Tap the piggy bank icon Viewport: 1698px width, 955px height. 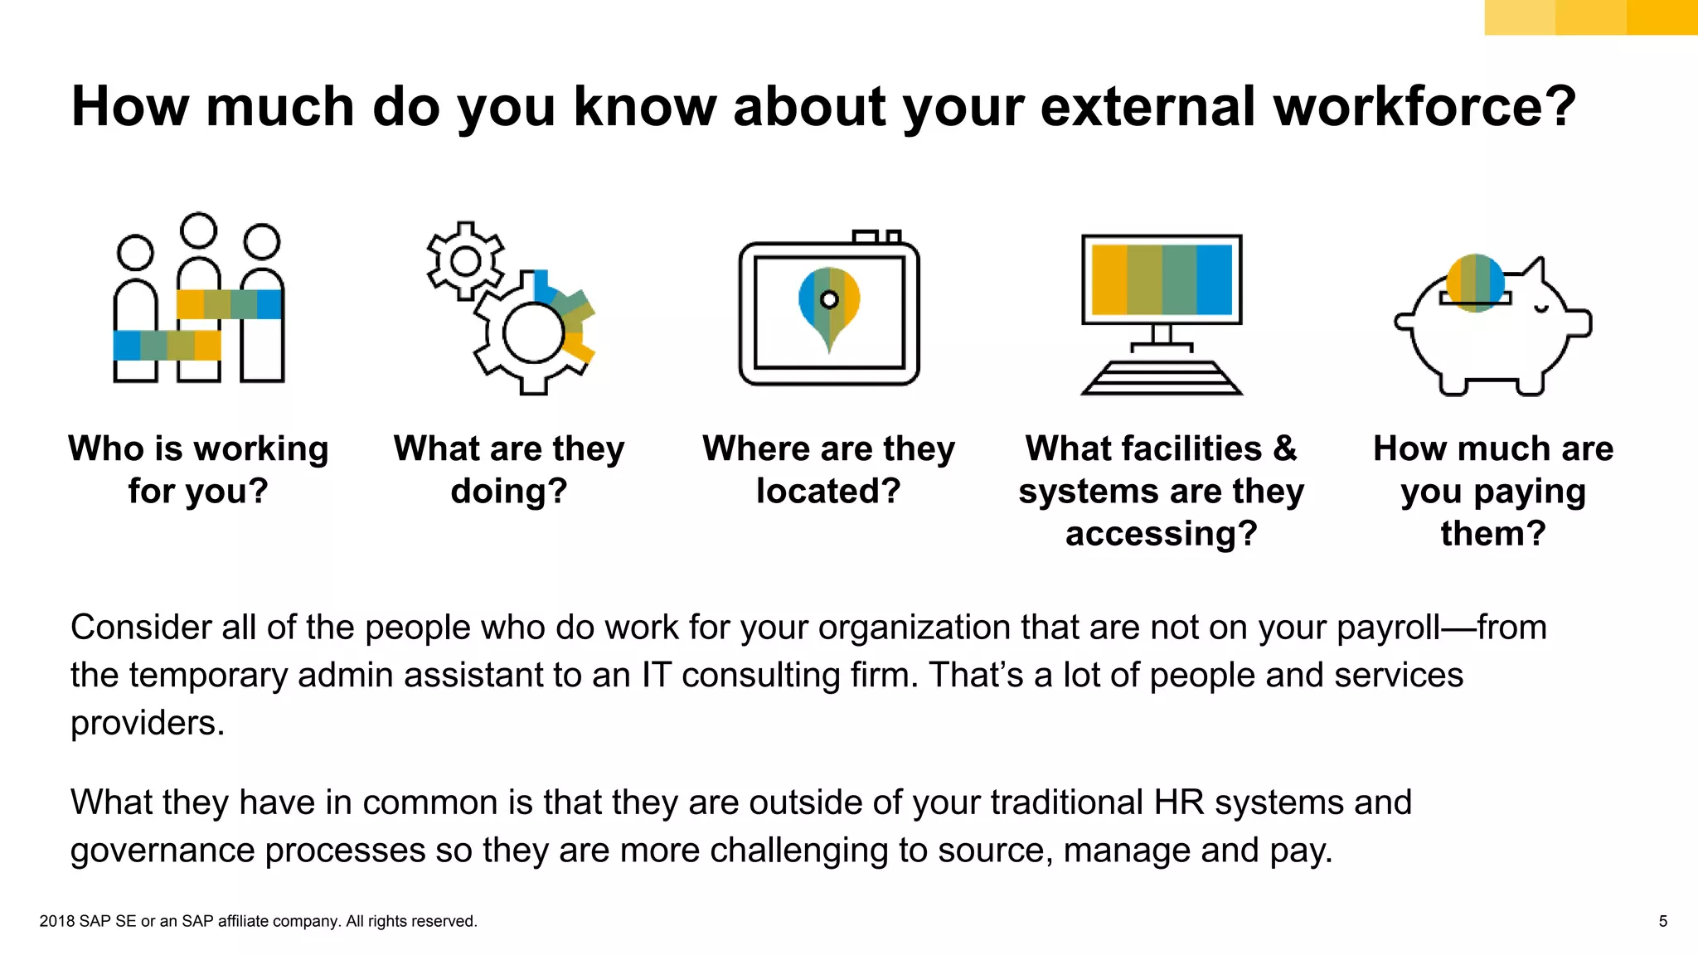point(1492,332)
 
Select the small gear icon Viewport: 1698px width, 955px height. point(465,261)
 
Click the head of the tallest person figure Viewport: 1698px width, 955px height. point(199,230)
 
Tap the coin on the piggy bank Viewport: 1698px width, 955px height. point(1475,282)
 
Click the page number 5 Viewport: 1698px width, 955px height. point(1662,921)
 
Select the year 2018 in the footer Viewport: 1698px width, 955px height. point(56,921)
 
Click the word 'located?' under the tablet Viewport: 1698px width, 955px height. point(828,491)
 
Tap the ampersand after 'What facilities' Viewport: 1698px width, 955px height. point(1284,448)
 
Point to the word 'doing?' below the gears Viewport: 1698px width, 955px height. point(509,491)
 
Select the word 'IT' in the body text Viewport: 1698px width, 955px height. point(656,675)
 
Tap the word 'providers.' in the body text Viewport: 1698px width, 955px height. point(148,723)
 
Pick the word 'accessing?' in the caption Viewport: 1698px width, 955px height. point(1161,533)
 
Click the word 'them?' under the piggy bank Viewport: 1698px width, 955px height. point(1493,533)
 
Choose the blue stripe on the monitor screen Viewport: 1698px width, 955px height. point(1214,279)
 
